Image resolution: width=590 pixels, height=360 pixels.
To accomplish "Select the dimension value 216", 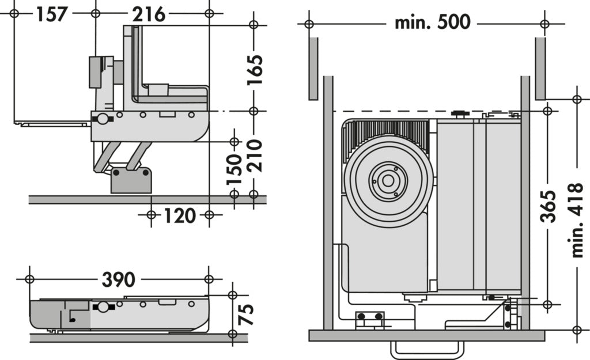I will coord(149,13).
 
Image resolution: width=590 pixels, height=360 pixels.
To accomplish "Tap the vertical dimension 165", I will coord(254,69).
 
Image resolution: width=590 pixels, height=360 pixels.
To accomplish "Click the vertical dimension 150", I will coord(234,168).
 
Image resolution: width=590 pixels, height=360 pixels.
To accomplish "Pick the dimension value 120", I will coord(179,215).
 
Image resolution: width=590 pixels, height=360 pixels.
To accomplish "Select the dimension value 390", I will coord(118,279).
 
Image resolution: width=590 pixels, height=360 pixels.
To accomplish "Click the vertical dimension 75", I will coord(245,314).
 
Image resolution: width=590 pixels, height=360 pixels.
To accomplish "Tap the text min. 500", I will coord(432,22).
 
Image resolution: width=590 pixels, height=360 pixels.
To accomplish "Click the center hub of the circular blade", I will coord(388,181).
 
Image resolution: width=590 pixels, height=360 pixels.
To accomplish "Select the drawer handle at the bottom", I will coord(427,350).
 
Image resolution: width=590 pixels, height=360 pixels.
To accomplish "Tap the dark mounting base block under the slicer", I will coord(131,180).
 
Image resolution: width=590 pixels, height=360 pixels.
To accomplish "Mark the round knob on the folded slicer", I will coord(103,306).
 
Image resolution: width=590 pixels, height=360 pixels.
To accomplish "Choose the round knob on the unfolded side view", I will coord(102,119).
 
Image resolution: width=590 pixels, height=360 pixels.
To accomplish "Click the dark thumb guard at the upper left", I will coord(96,72).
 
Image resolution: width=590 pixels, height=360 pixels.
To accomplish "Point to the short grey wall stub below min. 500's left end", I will coord(313,68).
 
